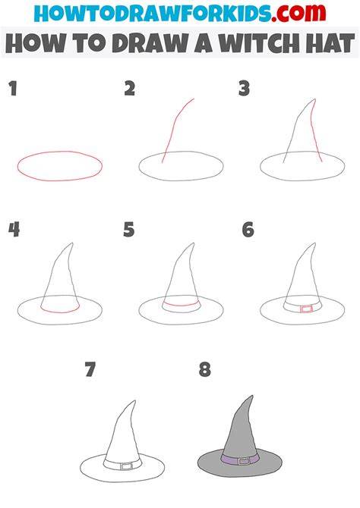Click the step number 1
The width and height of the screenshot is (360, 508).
point(13,89)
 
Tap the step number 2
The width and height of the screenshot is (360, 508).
point(130,89)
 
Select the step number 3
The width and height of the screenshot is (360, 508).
point(244,89)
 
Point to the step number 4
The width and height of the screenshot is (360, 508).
point(14,230)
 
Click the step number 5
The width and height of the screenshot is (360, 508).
point(129,230)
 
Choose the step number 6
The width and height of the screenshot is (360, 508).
point(248,230)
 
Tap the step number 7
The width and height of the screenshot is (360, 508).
point(90,369)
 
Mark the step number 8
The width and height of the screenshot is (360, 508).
point(205,369)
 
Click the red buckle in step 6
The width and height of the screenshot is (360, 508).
point(306,309)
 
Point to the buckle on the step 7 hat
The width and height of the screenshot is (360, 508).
point(127,466)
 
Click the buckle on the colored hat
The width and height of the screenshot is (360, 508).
point(244,461)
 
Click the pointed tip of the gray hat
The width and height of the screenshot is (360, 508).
point(252,396)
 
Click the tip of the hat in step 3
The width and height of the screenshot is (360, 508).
point(314,99)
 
